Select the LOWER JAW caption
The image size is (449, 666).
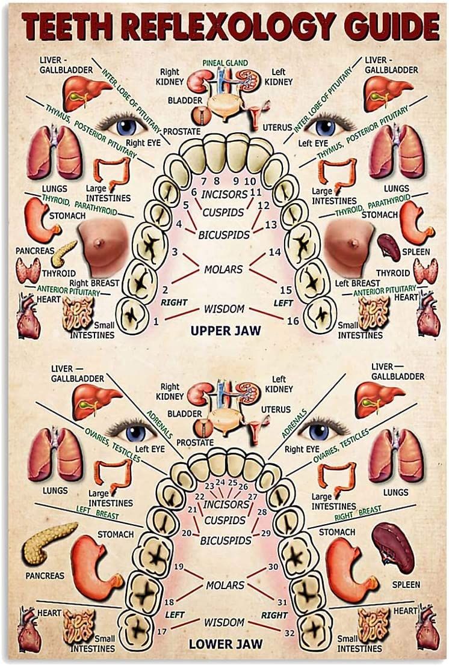[x=225, y=644]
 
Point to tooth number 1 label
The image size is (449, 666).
[x=156, y=321]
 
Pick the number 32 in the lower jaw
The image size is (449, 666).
[x=290, y=632]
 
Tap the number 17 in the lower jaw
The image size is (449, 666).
[x=161, y=632]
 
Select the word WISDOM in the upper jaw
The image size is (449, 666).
[x=224, y=309]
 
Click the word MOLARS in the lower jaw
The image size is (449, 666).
[x=224, y=585]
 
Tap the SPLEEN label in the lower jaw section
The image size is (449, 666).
[x=406, y=584]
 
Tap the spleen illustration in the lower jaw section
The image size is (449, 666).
[x=394, y=547]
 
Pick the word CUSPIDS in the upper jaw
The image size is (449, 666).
[x=223, y=212]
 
